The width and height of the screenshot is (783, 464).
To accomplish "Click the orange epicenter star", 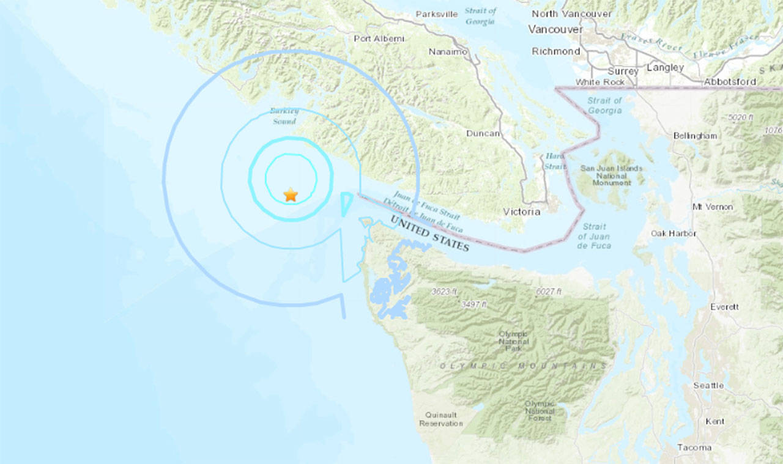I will point(291,195).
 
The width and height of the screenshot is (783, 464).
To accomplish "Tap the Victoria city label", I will point(522,212).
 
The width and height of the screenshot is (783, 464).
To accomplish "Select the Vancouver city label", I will point(555,29).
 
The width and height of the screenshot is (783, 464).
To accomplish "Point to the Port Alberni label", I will point(379,39).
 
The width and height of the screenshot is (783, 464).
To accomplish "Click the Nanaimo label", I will point(448,52).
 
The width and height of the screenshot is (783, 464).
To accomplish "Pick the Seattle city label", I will point(708,385).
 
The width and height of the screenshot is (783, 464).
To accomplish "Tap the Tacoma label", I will point(694,447).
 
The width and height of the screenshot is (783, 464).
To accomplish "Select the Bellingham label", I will point(695,135).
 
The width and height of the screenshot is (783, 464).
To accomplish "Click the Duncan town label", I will point(483,133).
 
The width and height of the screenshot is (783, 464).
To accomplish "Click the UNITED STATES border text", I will point(430,233).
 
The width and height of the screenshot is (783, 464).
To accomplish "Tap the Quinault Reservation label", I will point(440,419).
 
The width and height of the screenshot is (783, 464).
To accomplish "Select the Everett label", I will point(724,306).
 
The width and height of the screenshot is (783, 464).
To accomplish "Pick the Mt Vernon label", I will point(713,207).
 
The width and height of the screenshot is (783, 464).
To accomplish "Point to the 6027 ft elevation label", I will point(547,292).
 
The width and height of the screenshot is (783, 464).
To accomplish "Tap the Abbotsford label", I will point(730,81).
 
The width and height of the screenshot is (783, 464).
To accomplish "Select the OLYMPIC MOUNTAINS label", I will point(523,366).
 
